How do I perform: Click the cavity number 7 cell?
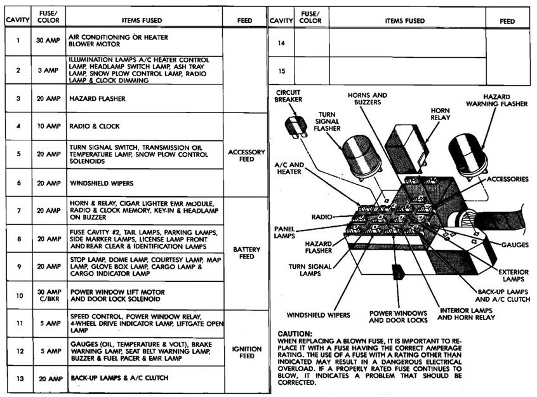click(18, 210)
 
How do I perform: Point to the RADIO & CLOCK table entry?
click(95, 126)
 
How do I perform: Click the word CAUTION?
click(295, 333)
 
